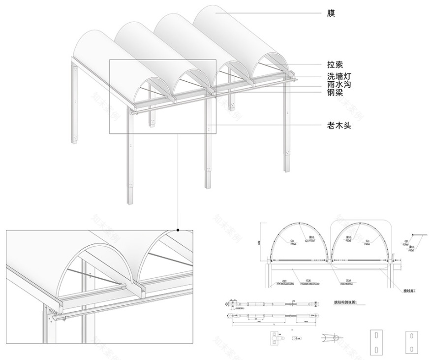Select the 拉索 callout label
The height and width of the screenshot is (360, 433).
pos(335,65)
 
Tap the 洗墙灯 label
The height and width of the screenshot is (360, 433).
pos(339,77)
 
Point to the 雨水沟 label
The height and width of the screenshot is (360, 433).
pos(339,85)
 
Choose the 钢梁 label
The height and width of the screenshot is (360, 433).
pos(335,93)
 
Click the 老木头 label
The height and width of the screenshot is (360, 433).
pos(339,125)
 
